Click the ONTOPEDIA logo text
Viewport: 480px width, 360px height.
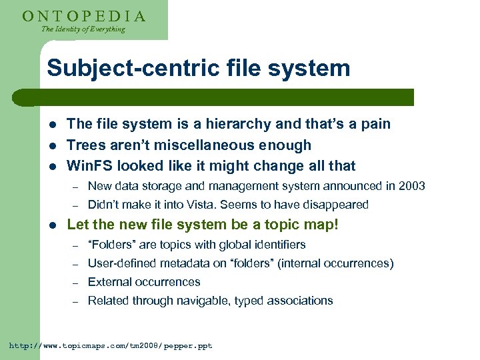tap(84, 16)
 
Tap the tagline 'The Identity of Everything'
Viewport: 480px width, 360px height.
tap(83, 29)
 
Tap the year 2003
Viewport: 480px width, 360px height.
tap(411, 186)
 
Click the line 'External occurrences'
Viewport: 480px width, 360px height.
tap(144, 282)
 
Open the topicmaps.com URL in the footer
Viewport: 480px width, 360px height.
tap(110, 346)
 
